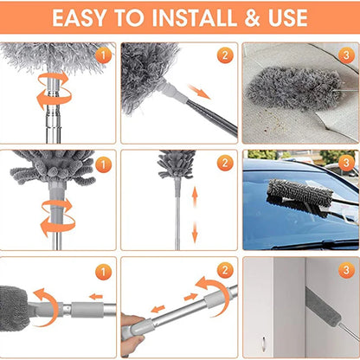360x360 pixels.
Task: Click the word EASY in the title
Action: coord(83,17)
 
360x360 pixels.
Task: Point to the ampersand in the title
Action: coord(242,17)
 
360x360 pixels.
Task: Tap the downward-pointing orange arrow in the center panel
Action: coord(194,231)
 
